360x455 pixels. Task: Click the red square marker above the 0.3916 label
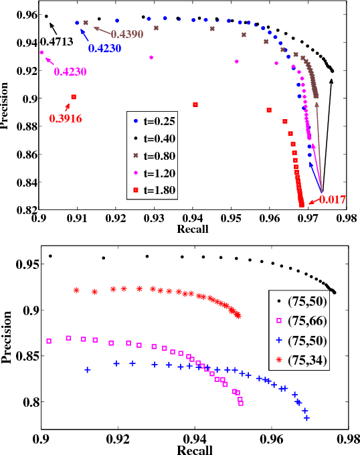pos(74,97)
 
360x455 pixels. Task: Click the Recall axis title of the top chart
pos(191,230)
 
